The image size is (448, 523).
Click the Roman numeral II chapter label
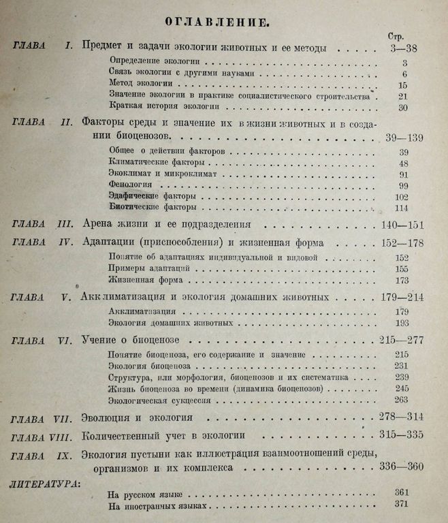pos(67,123)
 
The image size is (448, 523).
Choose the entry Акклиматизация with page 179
pos(140,312)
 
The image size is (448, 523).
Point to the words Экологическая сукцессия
pos(155,399)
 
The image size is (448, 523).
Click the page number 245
pos(402,388)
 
